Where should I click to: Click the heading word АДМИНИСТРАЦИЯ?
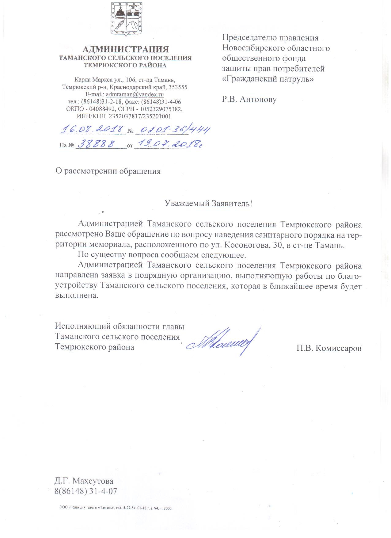[x=126, y=49]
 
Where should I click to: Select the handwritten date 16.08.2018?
[x=92, y=130]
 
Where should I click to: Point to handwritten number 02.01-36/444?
[x=173, y=130]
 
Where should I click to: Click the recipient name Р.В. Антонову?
[x=249, y=99]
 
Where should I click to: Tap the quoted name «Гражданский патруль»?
[x=268, y=79]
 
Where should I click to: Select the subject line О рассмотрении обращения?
[x=108, y=171]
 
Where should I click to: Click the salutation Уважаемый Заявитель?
[x=208, y=204]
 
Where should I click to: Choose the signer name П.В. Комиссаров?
[x=329, y=348]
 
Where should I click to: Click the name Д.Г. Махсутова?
[x=84, y=481]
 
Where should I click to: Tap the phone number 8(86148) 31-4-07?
[x=86, y=491]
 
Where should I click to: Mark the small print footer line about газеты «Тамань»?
[x=116, y=508]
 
